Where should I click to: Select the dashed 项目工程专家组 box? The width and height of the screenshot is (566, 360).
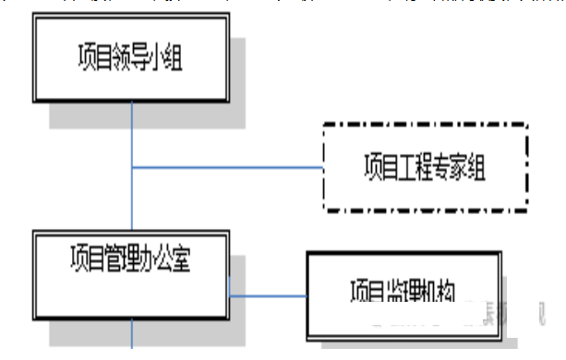point(425,167)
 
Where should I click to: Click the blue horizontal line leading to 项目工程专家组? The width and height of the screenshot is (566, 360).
point(231,167)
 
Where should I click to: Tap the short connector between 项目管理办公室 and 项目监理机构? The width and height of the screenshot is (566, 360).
point(268,296)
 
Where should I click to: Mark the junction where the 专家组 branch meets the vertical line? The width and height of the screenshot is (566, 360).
point(133,167)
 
